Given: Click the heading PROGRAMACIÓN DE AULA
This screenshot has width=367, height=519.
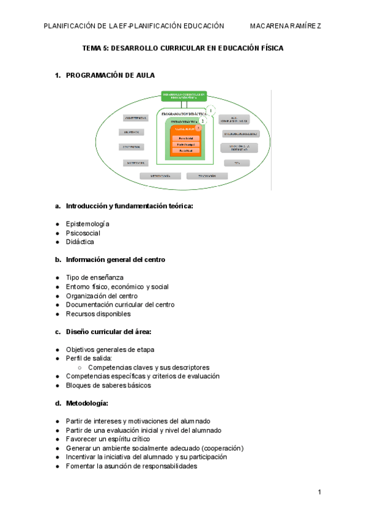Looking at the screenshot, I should point(110,75).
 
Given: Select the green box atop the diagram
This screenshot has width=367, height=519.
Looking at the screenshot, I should point(183,96).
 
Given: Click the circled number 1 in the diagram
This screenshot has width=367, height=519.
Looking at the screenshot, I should point(211,111).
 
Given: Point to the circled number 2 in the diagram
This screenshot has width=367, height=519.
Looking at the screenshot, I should point(202,121).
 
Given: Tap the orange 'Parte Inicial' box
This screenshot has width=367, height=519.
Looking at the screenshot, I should point(185,138).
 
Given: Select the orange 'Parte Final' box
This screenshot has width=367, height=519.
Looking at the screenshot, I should point(185,151).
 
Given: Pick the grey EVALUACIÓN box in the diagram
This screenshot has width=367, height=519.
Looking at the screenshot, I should point(207,176).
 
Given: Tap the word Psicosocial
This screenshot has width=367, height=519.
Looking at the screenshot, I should point(83,233).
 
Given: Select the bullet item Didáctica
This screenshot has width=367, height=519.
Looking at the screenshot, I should point(80,242).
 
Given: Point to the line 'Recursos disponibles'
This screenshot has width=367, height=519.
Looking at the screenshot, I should point(98,314).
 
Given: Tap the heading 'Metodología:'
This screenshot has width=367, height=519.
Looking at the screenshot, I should point(87,403).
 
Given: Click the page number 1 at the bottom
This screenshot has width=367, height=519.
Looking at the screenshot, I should point(320,492).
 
